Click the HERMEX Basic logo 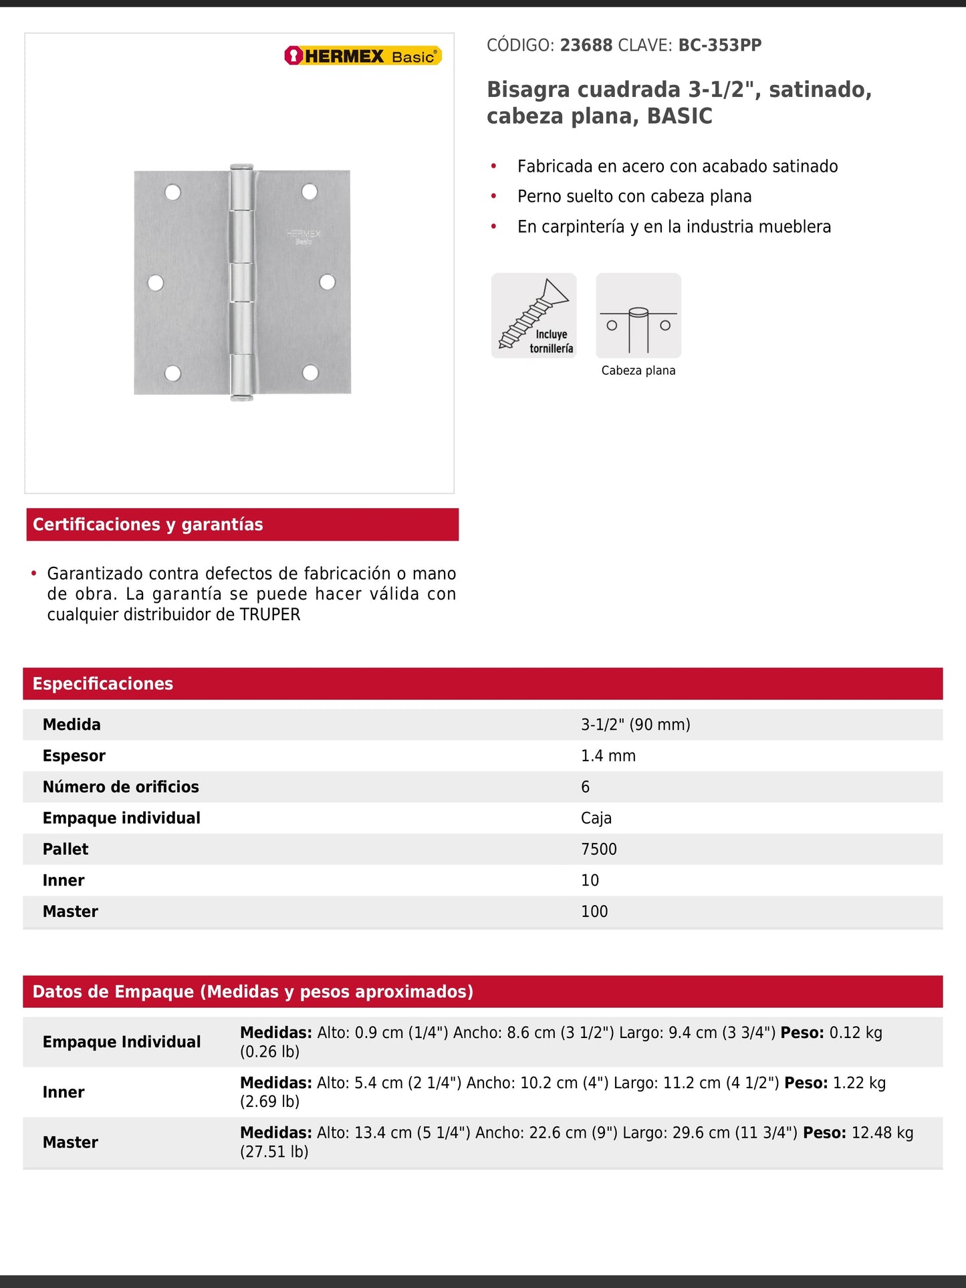[363, 56]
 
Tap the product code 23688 [586, 45]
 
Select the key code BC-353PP [720, 45]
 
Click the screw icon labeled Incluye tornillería [533, 315]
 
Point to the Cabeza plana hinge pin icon [638, 315]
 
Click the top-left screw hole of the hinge [172, 192]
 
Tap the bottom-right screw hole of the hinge [310, 372]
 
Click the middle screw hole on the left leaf [156, 283]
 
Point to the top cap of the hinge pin [241, 167]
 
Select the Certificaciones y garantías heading [148, 525]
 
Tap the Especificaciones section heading [103, 684]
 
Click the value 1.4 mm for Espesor [608, 756]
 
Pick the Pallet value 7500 [599, 850]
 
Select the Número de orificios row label [121, 787]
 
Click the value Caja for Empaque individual [596, 818]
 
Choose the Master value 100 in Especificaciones [594, 912]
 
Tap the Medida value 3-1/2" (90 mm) [635, 725]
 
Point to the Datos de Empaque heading [253, 992]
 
